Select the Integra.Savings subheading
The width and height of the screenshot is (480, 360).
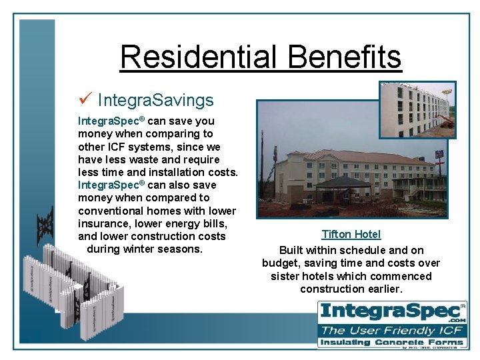click(x=155, y=101)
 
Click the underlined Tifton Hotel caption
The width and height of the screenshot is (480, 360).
click(x=351, y=234)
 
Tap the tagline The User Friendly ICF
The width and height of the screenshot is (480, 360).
click(x=392, y=330)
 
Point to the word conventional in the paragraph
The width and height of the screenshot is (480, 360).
click(x=111, y=210)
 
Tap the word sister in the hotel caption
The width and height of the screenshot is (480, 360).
click(x=285, y=276)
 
